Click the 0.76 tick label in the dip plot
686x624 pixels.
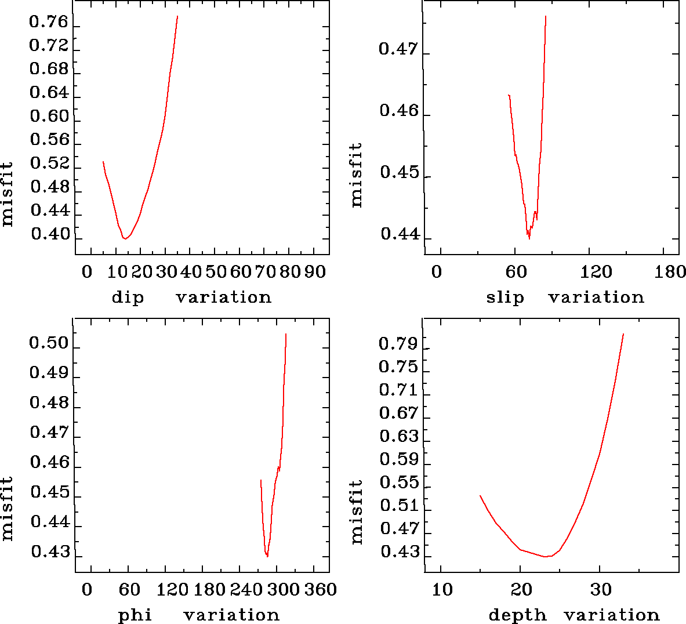49,23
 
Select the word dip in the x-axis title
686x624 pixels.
128,298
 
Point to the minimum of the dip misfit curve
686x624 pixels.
124,238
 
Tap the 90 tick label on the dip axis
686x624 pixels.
315,271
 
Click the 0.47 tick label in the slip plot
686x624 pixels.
398,49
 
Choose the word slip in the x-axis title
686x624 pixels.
504,298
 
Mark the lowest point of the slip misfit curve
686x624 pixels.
529,238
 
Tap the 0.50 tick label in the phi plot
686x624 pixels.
49,343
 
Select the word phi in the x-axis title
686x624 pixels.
135,615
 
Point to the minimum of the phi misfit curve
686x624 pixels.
267,556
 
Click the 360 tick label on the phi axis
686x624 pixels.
321,590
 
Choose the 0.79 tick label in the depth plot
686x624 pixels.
398,344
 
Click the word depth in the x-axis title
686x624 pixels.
517,615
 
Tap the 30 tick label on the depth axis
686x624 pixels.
601,590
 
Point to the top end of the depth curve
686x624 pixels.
623,334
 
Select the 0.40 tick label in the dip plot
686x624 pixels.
50,234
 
